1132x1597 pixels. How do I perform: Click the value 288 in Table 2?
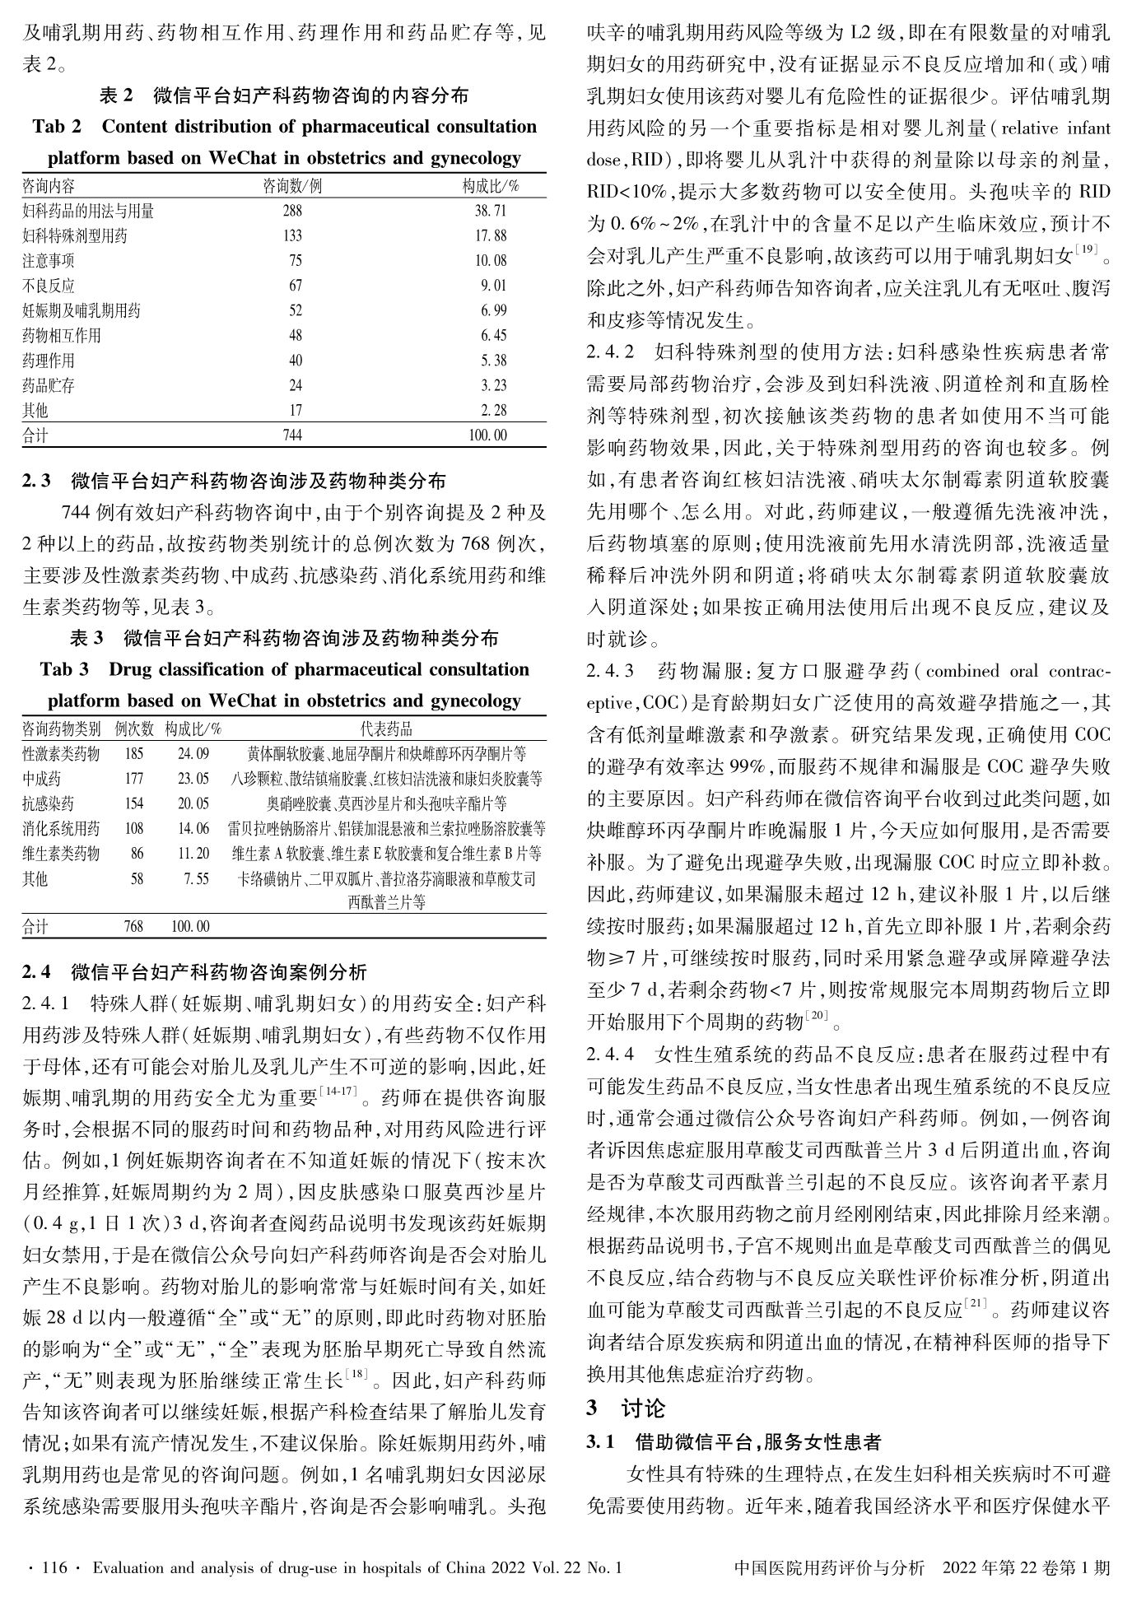[292, 212]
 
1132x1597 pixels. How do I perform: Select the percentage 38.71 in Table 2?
[491, 212]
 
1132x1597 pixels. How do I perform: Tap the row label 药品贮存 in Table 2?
[48, 385]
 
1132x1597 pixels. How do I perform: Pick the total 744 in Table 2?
[292, 435]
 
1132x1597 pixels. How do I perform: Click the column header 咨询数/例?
[292, 186]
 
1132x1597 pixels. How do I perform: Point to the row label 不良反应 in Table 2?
[48, 286]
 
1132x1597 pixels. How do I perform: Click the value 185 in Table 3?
[133, 753]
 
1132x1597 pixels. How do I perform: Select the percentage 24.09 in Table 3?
[193, 753]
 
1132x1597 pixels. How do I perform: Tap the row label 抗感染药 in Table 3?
[48, 803]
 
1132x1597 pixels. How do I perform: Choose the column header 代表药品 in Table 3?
[386, 729]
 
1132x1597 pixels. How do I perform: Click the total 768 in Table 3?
[133, 926]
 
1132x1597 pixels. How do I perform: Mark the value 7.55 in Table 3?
[197, 878]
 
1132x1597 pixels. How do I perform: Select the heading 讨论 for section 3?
[643, 1408]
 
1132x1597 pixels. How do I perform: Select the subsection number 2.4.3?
[610, 671]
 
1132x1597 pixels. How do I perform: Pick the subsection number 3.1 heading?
[600, 1442]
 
